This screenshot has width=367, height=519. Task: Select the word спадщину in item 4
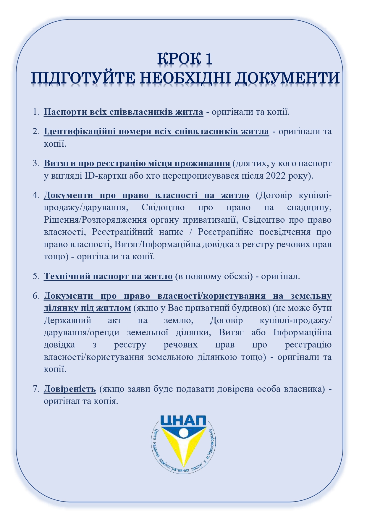pyautogui.click(x=309, y=207)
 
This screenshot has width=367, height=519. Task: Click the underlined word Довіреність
pyautogui.click(x=70, y=389)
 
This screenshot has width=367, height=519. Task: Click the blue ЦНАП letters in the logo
pyautogui.click(x=183, y=421)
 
